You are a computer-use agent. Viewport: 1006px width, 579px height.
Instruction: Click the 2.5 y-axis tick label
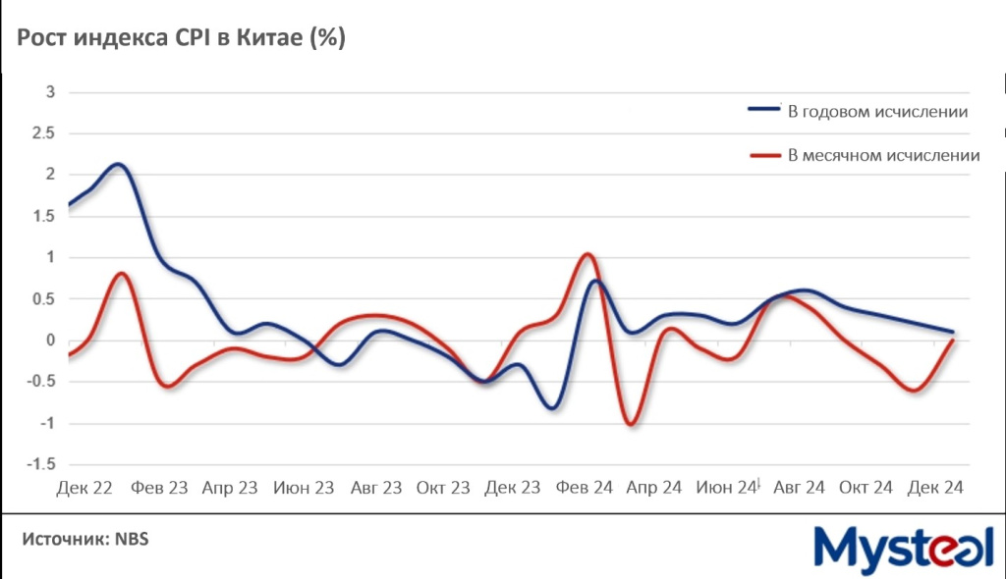pos(45,133)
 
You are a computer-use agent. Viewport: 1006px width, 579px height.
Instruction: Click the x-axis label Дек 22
pos(84,488)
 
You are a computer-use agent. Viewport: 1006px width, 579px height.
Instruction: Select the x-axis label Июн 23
pos(304,488)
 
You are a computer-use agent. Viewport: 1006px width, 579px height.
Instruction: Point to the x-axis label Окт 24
pos(866,488)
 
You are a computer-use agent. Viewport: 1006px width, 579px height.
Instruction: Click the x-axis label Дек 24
pos(935,488)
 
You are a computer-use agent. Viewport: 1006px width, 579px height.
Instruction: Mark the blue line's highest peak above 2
pos(118,164)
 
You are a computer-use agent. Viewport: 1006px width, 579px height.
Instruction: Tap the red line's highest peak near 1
pos(587,254)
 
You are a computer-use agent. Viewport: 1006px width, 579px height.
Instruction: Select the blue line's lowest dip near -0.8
pos(554,407)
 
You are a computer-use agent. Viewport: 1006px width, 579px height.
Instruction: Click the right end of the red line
pos(952,340)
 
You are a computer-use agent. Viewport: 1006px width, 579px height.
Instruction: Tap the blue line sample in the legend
pos(764,112)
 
